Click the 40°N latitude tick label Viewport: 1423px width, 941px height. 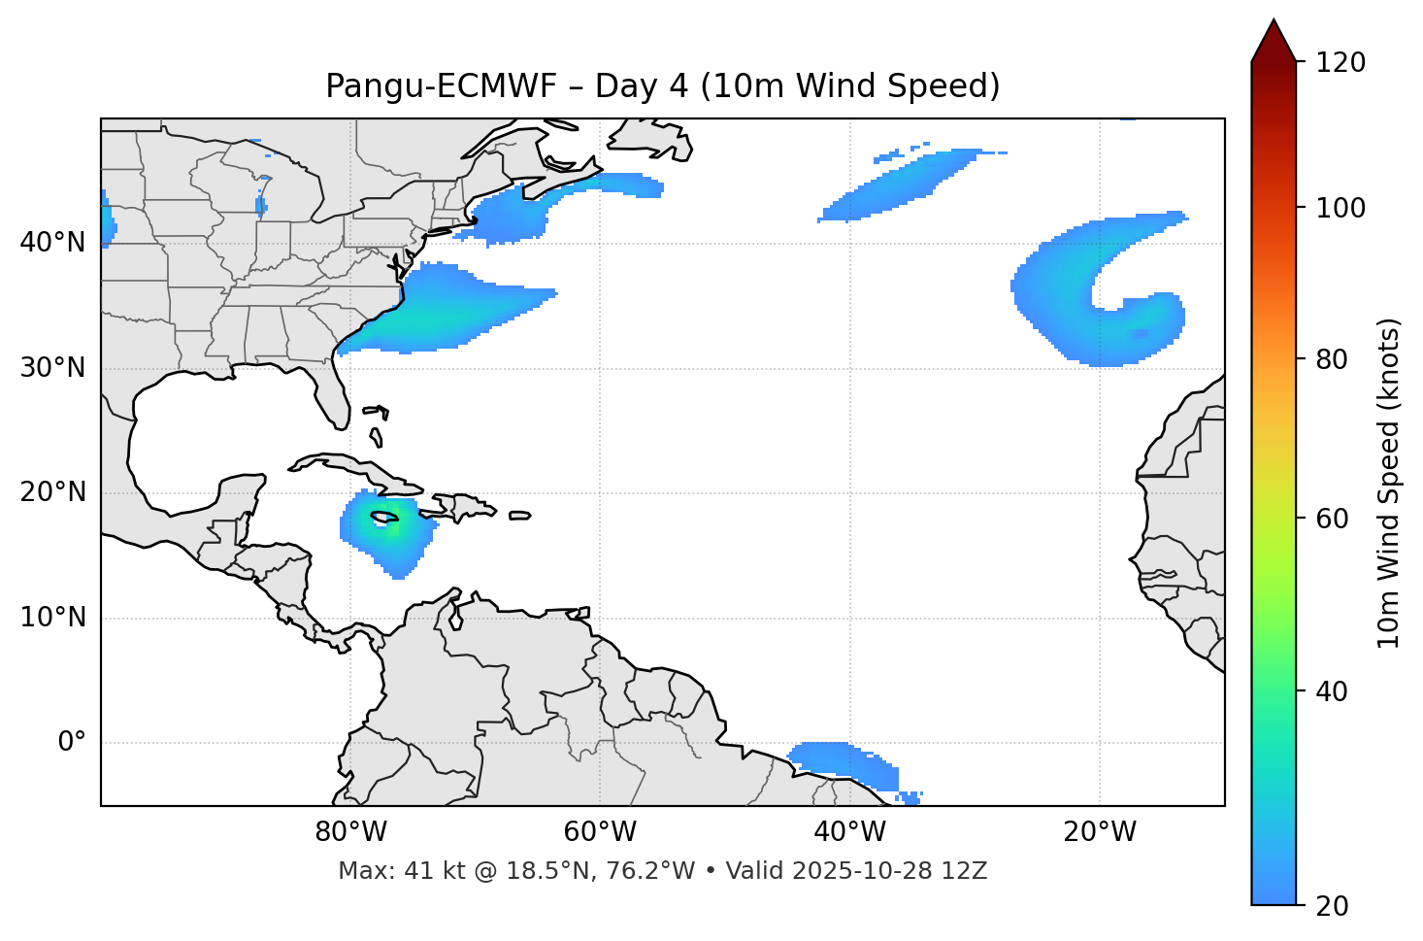[52, 242]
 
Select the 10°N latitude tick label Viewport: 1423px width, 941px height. [52, 618]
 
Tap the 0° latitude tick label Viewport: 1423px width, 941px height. [71, 743]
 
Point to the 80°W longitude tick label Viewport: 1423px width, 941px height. [350, 832]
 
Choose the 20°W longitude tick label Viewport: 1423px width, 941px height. [1100, 832]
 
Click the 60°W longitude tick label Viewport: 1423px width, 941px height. [600, 832]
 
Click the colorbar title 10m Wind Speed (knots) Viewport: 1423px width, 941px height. [1389, 484]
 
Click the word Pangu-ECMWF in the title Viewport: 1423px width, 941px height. [441, 86]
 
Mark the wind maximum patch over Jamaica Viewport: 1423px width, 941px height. [387, 529]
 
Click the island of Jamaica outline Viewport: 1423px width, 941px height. [384, 517]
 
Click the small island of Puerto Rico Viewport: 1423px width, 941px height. [520, 516]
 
